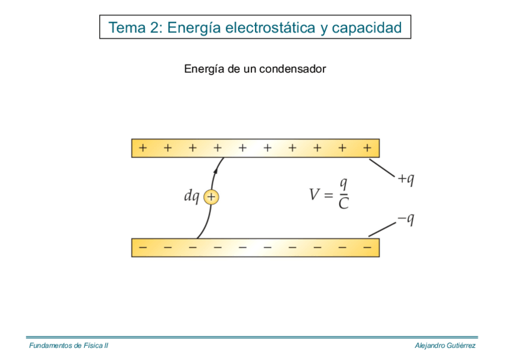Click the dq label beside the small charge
tap(191, 197)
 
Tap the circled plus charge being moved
tap(211, 197)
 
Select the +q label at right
tap(405, 179)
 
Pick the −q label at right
tap(405, 219)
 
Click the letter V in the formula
tap(315, 194)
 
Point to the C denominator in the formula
tap(343, 204)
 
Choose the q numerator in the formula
tap(343, 184)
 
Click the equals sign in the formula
tap(328, 195)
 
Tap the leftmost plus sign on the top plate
tap(143, 147)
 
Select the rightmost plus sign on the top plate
tap(367, 147)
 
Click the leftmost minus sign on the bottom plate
tap(143, 247)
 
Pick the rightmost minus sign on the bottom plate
tap(367, 247)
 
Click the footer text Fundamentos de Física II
tap(69, 346)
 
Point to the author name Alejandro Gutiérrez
tap(445, 346)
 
